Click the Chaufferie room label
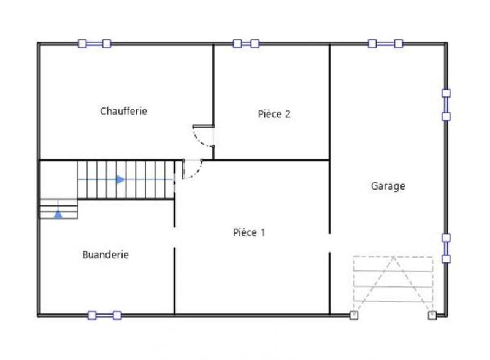click(x=123, y=111)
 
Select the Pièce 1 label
click(x=249, y=232)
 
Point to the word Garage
click(x=388, y=186)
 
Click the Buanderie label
click(x=105, y=255)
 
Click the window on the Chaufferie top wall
click(x=94, y=44)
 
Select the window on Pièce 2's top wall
click(x=246, y=44)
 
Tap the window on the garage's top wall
click(x=385, y=44)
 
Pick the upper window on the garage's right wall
click(x=446, y=104)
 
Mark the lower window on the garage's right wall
click(x=446, y=248)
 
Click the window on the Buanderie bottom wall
click(x=104, y=315)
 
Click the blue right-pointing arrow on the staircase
click(x=120, y=180)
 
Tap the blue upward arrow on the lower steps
click(x=58, y=215)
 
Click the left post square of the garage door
click(x=353, y=315)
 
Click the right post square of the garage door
click(x=432, y=315)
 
